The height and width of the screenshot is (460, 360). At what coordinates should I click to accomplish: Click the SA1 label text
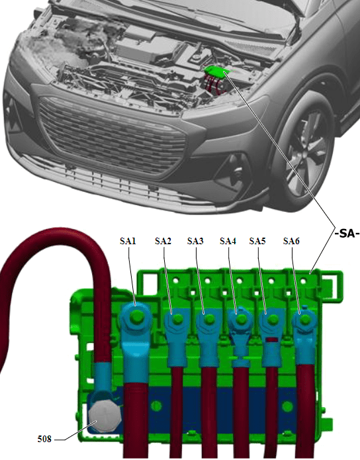point(128,242)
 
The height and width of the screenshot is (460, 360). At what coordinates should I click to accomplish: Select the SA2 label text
point(163,242)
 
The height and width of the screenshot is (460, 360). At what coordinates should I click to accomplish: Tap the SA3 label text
point(196,242)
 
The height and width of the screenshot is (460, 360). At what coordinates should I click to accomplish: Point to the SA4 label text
point(228,242)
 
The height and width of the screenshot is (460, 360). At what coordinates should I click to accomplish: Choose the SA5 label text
point(257,242)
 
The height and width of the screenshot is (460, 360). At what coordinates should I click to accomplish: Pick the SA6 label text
point(291,242)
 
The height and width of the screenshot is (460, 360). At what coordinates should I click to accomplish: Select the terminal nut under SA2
point(176,321)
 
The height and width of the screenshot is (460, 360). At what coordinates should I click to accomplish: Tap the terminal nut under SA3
point(208,321)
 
